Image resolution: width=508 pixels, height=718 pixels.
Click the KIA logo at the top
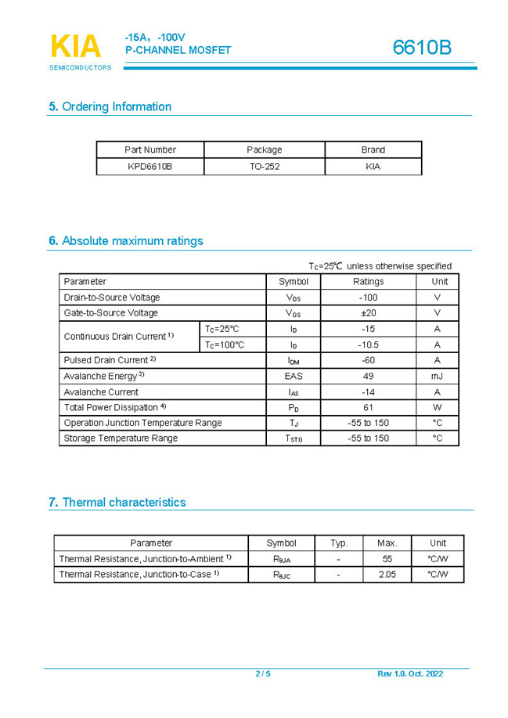(x=77, y=47)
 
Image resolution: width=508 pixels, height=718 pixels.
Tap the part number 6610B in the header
(x=422, y=48)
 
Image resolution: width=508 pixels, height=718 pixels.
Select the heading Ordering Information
(x=110, y=106)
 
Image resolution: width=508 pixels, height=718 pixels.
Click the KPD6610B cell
(x=150, y=166)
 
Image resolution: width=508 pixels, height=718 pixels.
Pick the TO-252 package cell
(x=265, y=166)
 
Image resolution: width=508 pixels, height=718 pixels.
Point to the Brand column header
(x=373, y=150)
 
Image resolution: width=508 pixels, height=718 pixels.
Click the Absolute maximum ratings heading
(x=125, y=240)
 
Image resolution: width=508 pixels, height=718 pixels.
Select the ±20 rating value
(x=368, y=313)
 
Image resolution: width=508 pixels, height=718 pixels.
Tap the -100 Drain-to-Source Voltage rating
(x=368, y=298)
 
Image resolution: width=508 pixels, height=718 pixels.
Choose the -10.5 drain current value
(x=368, y=345)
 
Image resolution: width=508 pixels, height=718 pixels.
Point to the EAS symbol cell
(x=294, y=376)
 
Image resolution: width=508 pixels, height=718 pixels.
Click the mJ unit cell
(x=437, y=376)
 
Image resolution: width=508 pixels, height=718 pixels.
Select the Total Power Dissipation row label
(x=115, y=407)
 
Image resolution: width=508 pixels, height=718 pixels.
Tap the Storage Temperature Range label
(x=121, y=438)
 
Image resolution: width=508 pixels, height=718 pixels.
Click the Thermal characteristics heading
(x=117, y=502)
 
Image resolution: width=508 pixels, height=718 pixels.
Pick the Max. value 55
(x=387, y=559)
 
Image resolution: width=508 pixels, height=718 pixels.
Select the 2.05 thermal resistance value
(x=387, y=575)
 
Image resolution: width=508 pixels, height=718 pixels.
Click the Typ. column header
(x=338, y=543)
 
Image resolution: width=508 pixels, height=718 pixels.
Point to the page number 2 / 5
(x=263, y=674)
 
